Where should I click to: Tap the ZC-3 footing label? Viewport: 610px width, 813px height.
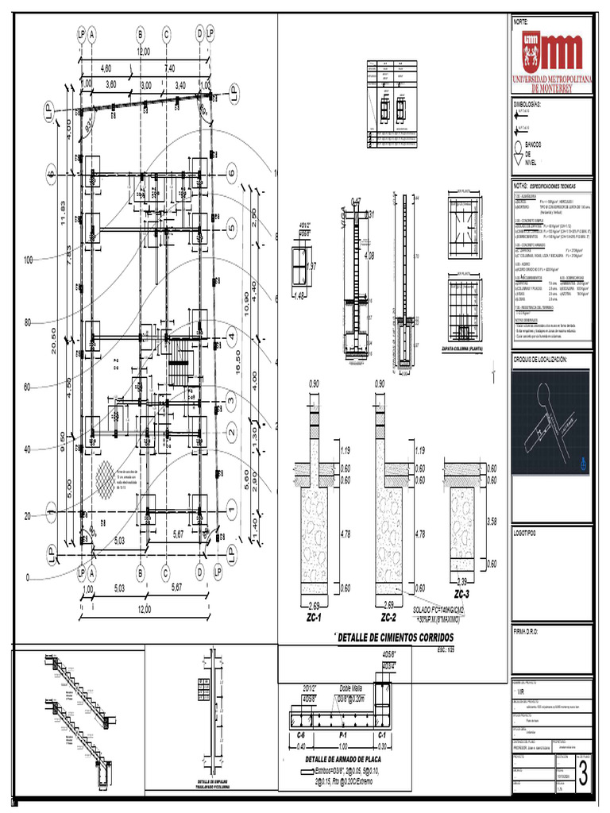(461, 594)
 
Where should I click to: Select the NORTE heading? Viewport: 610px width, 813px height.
(521, 21)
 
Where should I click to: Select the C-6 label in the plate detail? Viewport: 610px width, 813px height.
(301, 736)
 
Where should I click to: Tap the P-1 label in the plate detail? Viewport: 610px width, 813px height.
(342, 736)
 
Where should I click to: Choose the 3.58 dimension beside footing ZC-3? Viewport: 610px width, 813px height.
(492, 522)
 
